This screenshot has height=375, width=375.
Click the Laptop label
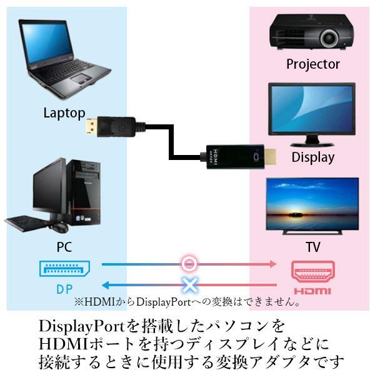[x=64, y=113]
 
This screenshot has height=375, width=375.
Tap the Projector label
[x=312, y=64]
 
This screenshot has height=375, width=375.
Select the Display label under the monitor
[x=312, y=157]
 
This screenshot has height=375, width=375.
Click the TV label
[x=312, y=247]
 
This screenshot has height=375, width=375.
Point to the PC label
[x=64, y=247]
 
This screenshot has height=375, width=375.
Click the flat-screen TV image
[x=312, y=206]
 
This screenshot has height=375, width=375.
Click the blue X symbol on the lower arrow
[x=189, y=285]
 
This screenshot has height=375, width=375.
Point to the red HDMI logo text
[x=312, y=291]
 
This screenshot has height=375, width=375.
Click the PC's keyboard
[x=28, y=221]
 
